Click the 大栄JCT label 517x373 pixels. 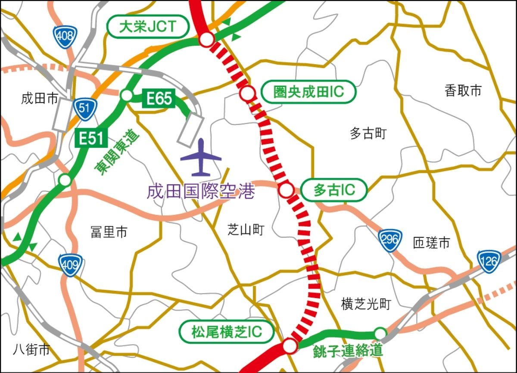(x=148, y=27)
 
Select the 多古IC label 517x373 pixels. (x=334, y=190)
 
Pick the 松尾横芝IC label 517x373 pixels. (x=227, y=331)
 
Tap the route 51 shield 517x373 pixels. (x=84, y=109)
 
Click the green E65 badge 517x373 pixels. (x=159, y=99)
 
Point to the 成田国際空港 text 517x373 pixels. (x=201, y=192)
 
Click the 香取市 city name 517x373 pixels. (x=463, y=90)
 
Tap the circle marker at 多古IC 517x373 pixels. (x=286, y=190)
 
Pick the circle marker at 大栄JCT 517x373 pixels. (x=207, y=40)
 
